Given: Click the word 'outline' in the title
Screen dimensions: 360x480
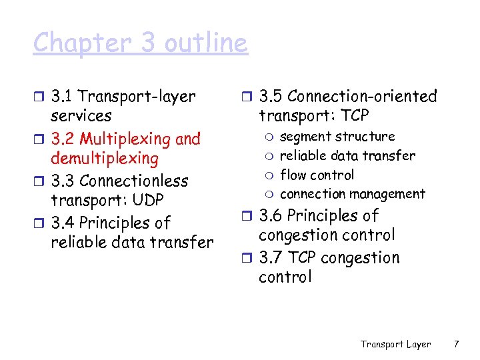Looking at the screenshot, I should (x=207, y=43).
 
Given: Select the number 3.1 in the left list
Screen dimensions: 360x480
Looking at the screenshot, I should (x=63, y=97).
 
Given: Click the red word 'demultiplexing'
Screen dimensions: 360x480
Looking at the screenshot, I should (x=105, y=159).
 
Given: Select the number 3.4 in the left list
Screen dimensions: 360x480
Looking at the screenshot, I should (x=64, y=223).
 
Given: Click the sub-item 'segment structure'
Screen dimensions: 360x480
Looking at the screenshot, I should (x=337, y=137).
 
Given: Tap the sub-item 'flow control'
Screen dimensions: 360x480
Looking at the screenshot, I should (x=317, y=175).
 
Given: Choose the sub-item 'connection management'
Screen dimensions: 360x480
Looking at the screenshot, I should (x=352, y=194).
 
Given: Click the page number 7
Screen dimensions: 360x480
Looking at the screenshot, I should (x=456, y=344).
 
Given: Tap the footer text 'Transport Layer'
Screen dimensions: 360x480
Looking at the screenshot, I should (x=395, y=344).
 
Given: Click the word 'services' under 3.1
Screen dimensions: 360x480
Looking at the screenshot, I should (x=81, y=116).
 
